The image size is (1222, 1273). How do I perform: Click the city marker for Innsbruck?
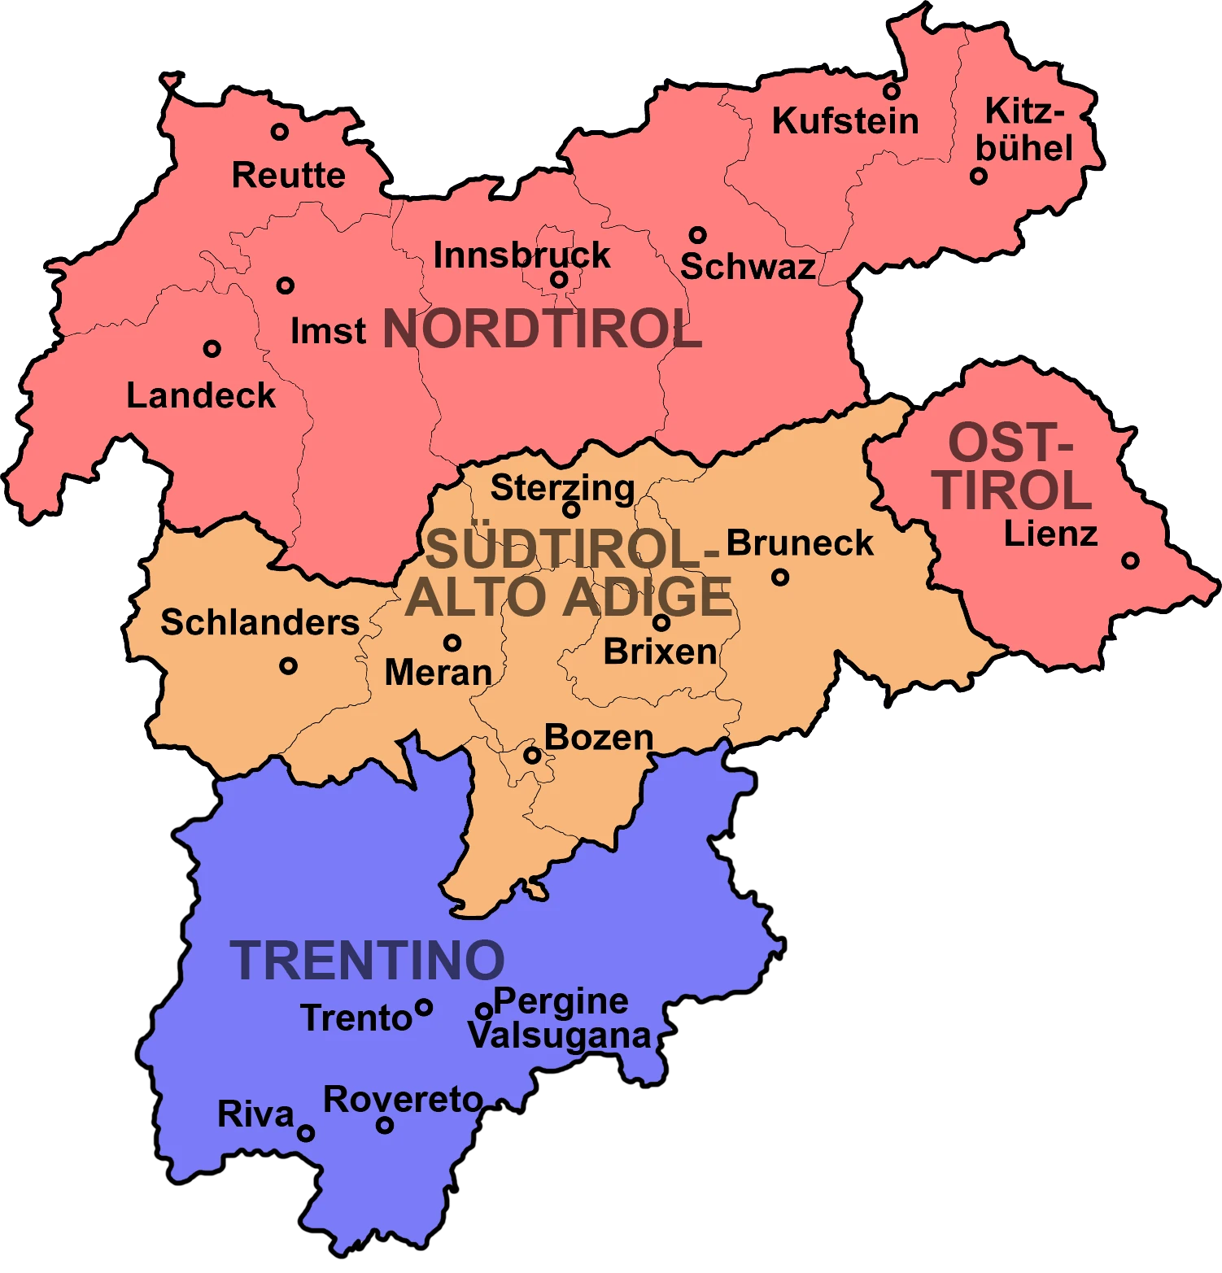point(559,280)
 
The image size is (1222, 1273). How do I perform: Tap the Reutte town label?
point(288,175)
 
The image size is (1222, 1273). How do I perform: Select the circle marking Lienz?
point(1130,560)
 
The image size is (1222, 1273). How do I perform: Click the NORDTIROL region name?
point(542,329)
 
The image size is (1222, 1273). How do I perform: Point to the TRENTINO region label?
point(367,961)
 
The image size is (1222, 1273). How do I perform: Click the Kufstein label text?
point(844,121)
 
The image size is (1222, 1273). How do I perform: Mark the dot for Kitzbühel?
point(979,176)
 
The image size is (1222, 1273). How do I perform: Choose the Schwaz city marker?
point(697,235)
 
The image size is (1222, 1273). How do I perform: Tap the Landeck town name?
point(201,396)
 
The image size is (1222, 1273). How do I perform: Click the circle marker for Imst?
point(285,286)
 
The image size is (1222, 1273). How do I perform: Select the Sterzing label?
point(562,488)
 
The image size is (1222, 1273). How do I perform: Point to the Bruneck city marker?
point(780,578)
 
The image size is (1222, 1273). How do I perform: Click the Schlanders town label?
point(260,622)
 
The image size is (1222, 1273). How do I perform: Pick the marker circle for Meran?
point(452,643)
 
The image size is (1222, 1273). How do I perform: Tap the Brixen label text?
point(660,652)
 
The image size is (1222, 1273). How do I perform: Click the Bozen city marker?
point(532,755)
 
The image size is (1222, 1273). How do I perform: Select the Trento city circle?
point(423,1008)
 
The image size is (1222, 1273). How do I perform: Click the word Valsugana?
point(559,1036)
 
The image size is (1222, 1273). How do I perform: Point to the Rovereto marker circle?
point(385,1125)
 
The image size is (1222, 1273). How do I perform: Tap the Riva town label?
point(255,1114)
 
